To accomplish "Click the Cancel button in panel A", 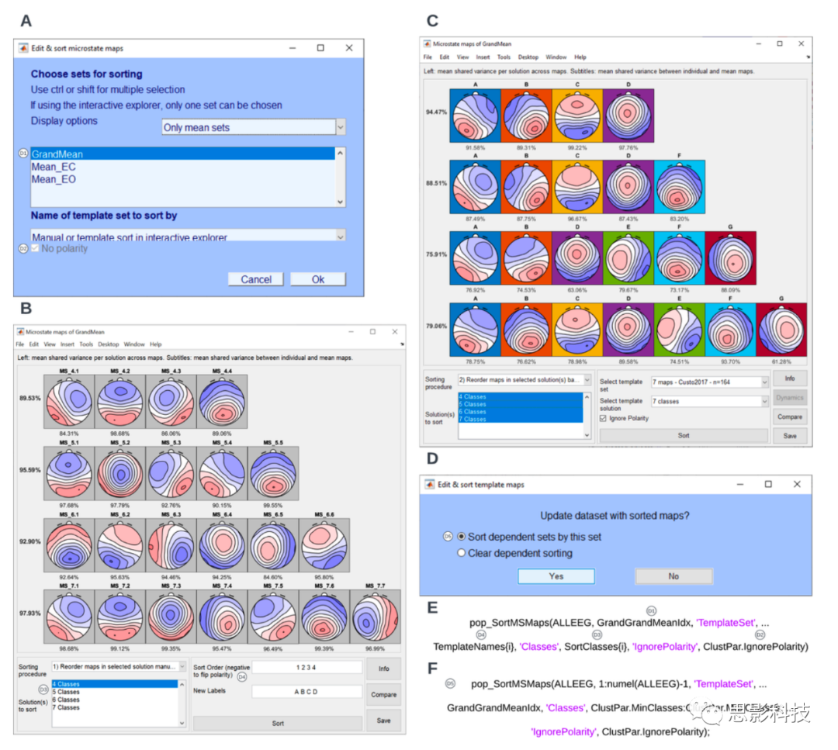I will coord(255,279).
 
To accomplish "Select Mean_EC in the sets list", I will coord(54,167).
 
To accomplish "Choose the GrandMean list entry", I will coord(57,154).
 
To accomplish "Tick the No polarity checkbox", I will coord(36,249).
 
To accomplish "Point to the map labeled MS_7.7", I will coord(375,617).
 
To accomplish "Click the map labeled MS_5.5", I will coord(272,473).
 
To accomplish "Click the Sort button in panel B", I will coord(277,723).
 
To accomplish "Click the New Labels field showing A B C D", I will coord(306,692).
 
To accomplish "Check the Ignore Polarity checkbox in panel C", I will coord(604,418).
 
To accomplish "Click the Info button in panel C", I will coord(789,378).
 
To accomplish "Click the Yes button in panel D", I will coord(556,576).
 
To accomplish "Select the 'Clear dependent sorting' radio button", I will coord(462,553).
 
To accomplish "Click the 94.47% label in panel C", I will coord(435,112).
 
